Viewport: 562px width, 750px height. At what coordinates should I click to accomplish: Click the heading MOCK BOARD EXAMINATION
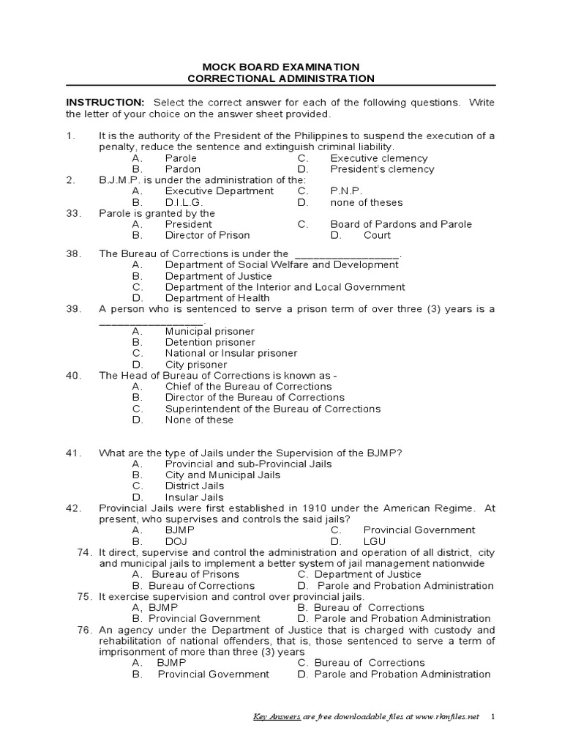point(281,67)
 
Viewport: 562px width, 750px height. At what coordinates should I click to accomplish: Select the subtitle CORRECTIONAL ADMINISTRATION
point(281,78)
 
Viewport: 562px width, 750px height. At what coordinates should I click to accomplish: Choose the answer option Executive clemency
point(379,158)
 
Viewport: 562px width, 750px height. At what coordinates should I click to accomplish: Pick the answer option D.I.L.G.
point(184,202)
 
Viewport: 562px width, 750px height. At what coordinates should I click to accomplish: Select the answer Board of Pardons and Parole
point(401,224)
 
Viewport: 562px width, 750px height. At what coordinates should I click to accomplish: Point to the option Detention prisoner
point(210,342)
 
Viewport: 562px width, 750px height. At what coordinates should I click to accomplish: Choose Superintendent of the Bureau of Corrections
point(273,409)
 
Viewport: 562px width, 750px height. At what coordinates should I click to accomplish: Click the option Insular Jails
point(195,497)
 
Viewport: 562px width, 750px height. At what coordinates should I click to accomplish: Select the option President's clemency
point(382,169)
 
